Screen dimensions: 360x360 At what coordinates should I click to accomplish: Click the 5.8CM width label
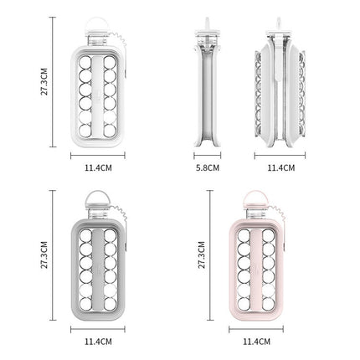pyautogui.click(x=208, y=167)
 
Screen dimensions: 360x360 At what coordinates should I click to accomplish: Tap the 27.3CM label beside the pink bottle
pyautogui.click(x=202, y=255)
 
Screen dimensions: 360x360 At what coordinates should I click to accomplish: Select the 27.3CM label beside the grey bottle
pyautogui.click(x=44, y=255)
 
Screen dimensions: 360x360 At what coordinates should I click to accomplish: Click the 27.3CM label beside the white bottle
pyautogui.click(x=44, y=81)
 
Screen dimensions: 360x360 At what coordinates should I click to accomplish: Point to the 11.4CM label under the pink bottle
pyautogui.click(x=256, y=342)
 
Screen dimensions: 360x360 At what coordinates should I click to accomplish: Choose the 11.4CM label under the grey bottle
pyautogui.click(x=98, y=342)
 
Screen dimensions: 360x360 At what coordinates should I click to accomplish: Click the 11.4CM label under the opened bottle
pyautogui.click(x=281, y=167)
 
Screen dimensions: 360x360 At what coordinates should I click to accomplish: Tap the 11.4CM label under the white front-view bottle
pyautogui.click(x=98, y=167)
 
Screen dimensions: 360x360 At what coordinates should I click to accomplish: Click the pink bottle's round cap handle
pyautogui.click(x=255, y=198)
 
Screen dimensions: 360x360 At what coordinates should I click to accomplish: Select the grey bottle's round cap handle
pyautogui.click(x=97, y=198)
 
